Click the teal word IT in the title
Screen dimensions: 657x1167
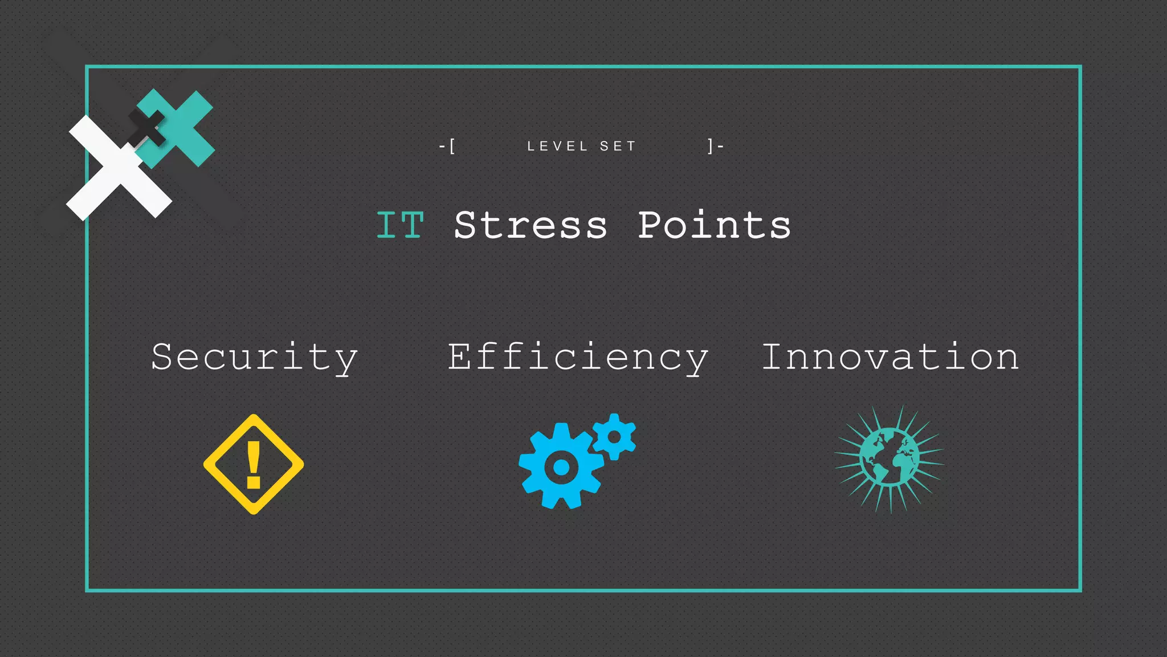pyautogui.click(x=400, y=225)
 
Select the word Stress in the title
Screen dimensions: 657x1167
pyautogui.click(x=531, y=225)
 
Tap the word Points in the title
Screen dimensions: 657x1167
pyautogui.click(x=714, y=225)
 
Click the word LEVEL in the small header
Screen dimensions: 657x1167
pyautogui.click(x=557, y=147)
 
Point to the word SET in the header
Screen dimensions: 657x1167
pyautogui.click(x=618, y=147)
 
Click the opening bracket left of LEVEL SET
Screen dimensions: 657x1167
pyautogui.click(x=452, y=147)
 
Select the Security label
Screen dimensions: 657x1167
pyautogui.click(x=254, y=358)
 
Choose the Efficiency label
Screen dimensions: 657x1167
pyautogui.click(x=578, y=358)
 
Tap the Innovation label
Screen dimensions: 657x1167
pyautogui.click(x=890, y=358)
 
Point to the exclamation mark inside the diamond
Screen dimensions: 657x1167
pyautogui.click(x=254, y=465)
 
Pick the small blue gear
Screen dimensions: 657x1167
pyautogui.click(x=614, y=437)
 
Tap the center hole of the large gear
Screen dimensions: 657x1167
pyautogui.click(x=561, y=467)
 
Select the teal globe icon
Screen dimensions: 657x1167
pyautogui.click(x=889, y=459)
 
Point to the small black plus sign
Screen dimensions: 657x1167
pyautogui.click(x=147, y=127)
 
